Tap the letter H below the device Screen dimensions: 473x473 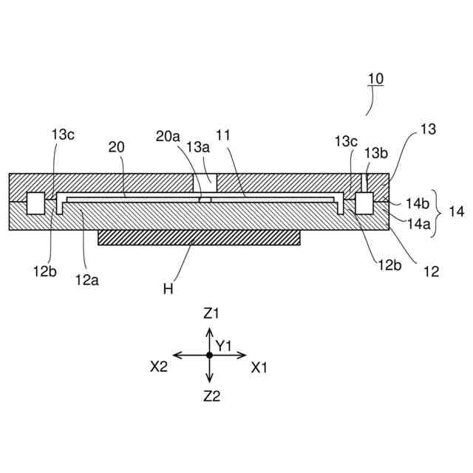coord(168,288)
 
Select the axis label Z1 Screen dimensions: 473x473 coord(211,313)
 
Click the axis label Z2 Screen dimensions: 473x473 coord(211,396)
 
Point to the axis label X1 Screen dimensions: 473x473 coord(259,367)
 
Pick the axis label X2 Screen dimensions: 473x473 coord(160,367)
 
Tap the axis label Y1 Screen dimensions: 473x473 coord(224,345)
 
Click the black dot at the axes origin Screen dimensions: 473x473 coord(210,355)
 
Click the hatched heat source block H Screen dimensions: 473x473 coord(200,236)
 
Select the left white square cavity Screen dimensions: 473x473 coord(35,203)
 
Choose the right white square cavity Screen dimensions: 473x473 coord(364,203)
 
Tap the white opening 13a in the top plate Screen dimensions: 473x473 coord(205,180)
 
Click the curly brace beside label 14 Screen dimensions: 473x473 coord(438,211)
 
